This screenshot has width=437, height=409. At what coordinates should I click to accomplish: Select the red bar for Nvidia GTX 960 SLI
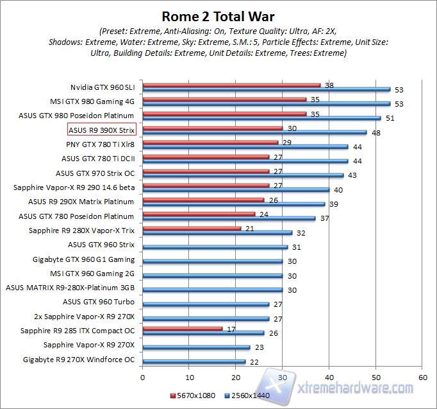[231, 85]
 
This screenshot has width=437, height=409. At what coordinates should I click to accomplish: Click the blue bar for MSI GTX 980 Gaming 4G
[266, 103]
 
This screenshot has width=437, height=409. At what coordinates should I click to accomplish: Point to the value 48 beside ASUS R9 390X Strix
[375, 133]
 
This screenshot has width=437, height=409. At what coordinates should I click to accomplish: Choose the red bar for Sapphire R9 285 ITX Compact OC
[182, 328]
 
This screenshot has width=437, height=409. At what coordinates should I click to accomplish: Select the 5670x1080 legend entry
[194, 395]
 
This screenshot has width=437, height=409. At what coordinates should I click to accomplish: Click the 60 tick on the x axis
[422, 378]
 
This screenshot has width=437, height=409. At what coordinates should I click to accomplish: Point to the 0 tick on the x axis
[142, 378]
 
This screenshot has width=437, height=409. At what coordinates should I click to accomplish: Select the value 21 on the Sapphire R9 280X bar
[249, 228]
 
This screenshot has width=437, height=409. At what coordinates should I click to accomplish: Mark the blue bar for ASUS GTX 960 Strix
[215, 247]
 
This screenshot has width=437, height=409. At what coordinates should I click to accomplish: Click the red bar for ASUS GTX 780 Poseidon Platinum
[198, 214]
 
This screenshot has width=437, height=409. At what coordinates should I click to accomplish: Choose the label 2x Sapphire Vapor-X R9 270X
[85, 317]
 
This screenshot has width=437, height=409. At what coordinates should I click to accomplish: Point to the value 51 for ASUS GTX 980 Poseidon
[390, 118]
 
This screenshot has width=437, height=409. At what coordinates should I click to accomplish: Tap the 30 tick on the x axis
[282, 378]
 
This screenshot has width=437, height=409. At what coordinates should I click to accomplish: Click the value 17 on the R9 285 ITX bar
[231, 328]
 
